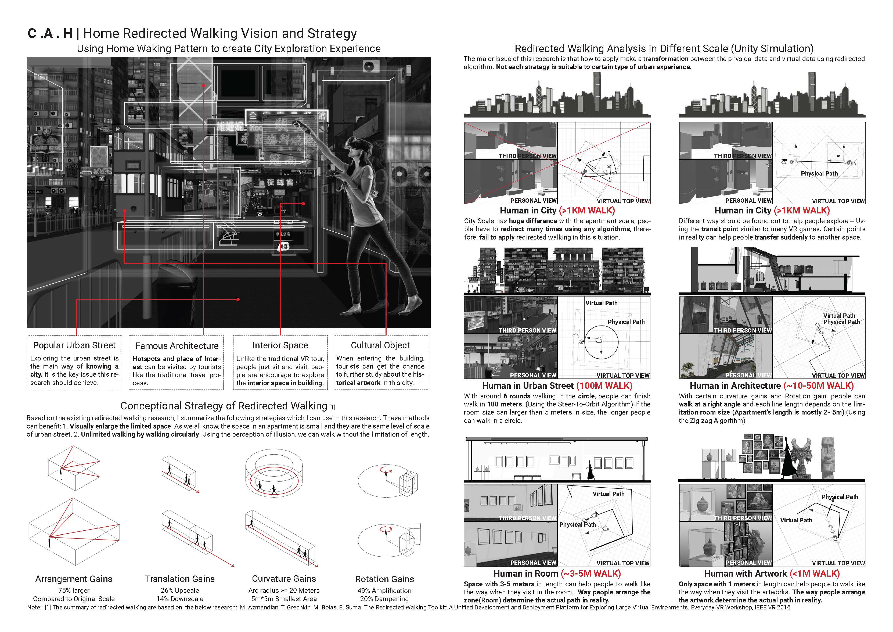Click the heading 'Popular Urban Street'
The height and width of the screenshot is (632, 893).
[x=74, y=345]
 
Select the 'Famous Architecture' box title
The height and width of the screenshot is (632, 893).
[x=177, y=346]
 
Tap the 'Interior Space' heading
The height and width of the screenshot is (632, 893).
[x=280, y=345]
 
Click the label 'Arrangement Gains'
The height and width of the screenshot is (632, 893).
[x=74, y=579]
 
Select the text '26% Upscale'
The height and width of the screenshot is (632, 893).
[x=180, y=590]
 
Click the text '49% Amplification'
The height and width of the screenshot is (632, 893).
[x=384, y=590]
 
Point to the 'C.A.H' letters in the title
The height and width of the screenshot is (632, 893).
[x=50, y=33]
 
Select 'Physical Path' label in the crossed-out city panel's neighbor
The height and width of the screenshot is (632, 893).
[x=819, y=174]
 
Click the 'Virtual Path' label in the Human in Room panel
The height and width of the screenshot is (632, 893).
[x=608, y=494]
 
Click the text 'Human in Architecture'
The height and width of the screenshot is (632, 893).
[x=735, y=386]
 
